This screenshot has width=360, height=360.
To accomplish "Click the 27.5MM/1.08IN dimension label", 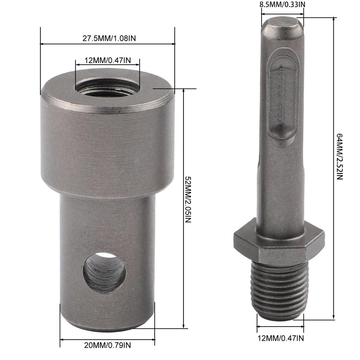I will coord(109,38).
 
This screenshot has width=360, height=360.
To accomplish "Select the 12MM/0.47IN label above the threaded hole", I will coord(108,60).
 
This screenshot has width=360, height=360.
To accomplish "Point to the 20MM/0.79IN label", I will coord(108,345).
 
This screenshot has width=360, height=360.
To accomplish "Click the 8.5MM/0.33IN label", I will coord(282,5).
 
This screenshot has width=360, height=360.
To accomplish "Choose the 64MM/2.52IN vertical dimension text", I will coord(339,157).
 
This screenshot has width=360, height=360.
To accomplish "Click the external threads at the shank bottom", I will coord(280,288).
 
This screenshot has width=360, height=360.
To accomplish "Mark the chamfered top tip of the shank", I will coord(282,26).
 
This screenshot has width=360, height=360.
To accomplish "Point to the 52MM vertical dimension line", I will coord(184,246).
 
